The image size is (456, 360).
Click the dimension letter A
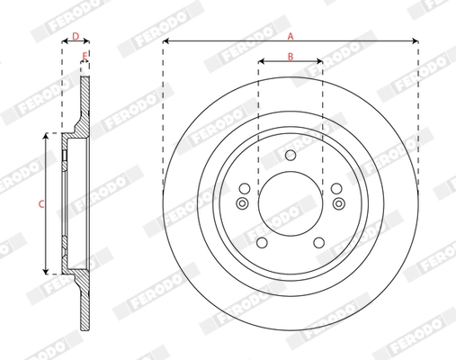pyautogui.click(x=290, y=35)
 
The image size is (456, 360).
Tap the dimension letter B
pyautogui.click(x=290, y=56)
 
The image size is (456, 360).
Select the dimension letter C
pyautogui.click(x=40, y=205)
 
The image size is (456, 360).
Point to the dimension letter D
pyautogui.click(x=76, y=36)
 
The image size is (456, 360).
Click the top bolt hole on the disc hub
pyautogui.click(x=290, y=157)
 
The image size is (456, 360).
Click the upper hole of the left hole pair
pyautogui.click(x=244, y=188)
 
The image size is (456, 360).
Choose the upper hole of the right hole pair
pyautogui.click(x=335, y=188)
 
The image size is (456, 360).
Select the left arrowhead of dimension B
pyautogui.click(x=261, y=62)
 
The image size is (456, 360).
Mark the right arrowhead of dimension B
pyautogui.click(x=319, y=62)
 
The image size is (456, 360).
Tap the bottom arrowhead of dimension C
pyautogui.click(x=46, y=271)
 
